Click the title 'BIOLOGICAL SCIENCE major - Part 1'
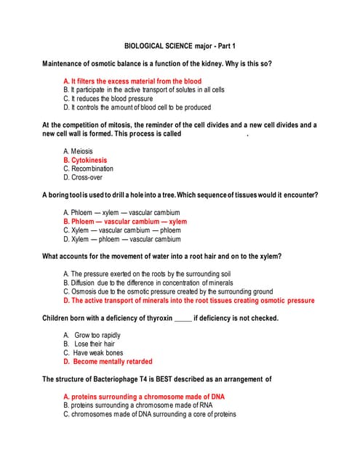(x=179, y=45)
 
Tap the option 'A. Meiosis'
(x=78, y=151)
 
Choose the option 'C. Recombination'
(x=88, y=169)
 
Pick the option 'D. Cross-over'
(x=82, y=177)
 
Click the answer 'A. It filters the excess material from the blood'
(x=132, y=81)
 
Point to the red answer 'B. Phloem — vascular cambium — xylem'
(x=124, y=222)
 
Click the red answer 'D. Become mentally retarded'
(x=108, y=361)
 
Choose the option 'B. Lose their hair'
(x=89, y=344)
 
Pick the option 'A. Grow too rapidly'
(x=92, y=335)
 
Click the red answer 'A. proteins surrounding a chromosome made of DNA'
(x=144, y=397)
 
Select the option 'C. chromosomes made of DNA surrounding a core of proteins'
(x=149, y=414)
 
